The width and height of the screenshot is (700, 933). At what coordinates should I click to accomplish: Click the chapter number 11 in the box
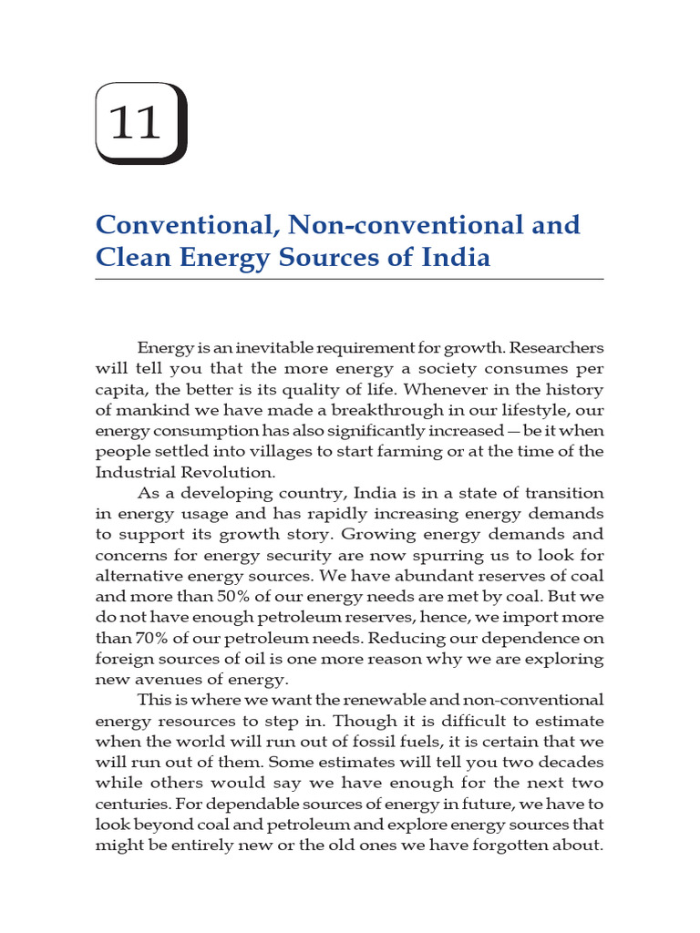(135, 123)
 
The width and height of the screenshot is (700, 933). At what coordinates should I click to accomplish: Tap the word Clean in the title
(131, 258)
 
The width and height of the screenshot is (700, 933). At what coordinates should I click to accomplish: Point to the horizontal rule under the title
(349, 279)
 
